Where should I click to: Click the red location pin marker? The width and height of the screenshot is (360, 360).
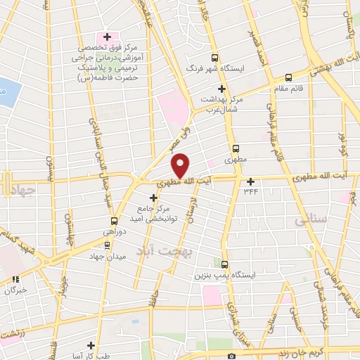[x=181, y=166]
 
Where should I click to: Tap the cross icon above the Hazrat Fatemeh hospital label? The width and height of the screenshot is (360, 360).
[x=107, y=37]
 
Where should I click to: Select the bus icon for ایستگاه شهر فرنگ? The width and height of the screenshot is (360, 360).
[x=214, y=58]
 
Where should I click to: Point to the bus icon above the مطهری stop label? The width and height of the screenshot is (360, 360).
[x=236, y=149]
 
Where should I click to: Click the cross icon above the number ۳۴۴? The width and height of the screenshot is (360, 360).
[x=250, y=181]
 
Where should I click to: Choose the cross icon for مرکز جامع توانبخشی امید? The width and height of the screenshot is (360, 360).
[x=153, y=198]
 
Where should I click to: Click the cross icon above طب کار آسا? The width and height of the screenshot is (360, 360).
[x=91, y=345]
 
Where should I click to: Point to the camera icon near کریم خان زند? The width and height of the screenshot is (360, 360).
[x=231, y=356]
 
